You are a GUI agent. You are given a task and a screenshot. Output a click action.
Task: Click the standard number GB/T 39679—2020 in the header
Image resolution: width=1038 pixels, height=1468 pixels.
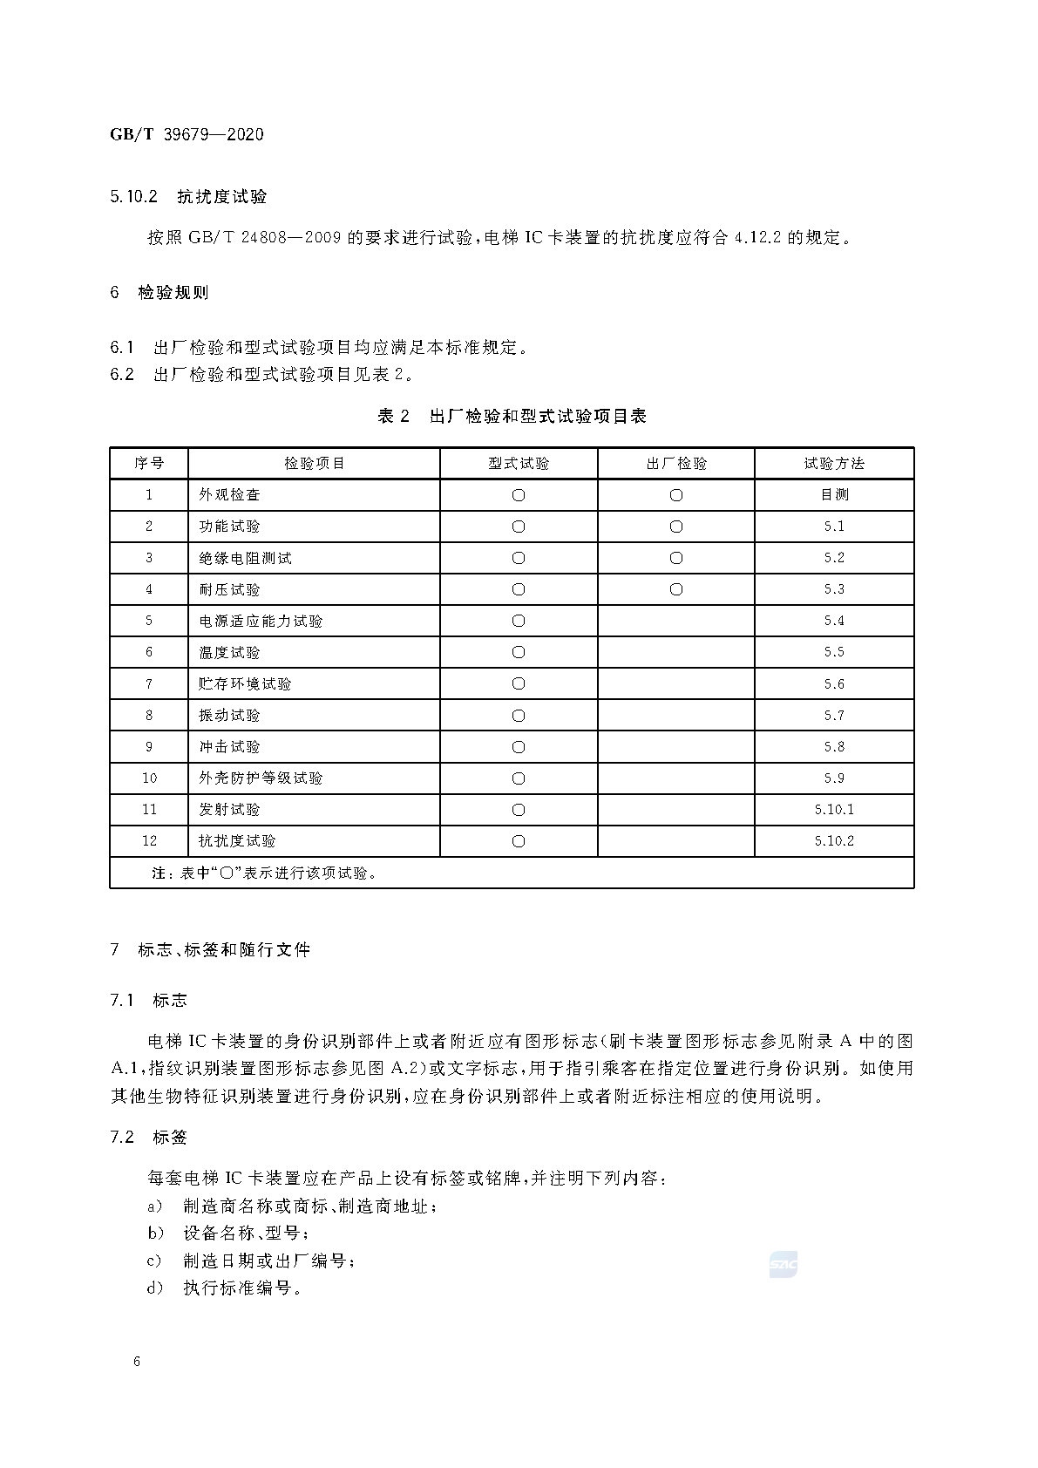pos(187,134)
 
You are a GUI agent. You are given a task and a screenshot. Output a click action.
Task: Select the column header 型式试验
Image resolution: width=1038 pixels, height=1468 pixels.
pos(519,463)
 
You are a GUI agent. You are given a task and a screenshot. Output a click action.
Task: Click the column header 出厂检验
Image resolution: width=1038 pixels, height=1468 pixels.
pos(676,463)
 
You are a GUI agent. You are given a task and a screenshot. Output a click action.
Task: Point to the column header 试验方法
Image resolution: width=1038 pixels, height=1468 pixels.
pos(834,463)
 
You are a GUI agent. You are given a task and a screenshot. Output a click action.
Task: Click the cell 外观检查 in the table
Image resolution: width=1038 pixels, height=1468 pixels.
pos(229,494)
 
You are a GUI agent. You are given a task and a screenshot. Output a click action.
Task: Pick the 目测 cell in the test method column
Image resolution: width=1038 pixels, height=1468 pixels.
pos(834,494)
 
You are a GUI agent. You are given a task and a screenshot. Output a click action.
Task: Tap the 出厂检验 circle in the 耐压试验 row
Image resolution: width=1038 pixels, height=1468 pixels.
pos(676,589)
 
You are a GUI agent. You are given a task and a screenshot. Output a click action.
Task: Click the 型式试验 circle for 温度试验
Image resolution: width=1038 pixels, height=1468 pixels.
pos(519,652)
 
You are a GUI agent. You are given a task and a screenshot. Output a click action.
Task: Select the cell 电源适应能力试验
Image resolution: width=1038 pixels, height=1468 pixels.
pos(261,621)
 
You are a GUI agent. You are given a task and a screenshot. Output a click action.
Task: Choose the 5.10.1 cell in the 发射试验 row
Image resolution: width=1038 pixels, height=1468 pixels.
pos(834,809)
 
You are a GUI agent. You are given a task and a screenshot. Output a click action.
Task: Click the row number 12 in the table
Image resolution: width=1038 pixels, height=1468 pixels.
pos(149,840)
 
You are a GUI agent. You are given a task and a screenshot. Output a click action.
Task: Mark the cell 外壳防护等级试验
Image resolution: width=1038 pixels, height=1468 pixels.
pos(261,778)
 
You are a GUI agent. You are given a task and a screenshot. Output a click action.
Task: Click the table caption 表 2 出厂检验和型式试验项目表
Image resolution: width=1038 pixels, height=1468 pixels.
pos(512,416)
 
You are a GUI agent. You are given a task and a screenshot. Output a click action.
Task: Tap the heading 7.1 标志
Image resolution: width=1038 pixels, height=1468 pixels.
pos(148,1000)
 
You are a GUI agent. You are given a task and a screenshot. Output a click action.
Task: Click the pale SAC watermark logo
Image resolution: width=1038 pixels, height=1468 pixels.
pos(783,1264)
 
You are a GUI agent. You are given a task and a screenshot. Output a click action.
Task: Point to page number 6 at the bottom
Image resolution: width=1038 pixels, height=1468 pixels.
pos(137,1362)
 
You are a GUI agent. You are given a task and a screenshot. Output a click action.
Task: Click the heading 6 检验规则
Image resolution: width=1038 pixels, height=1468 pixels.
pos(159,292)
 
